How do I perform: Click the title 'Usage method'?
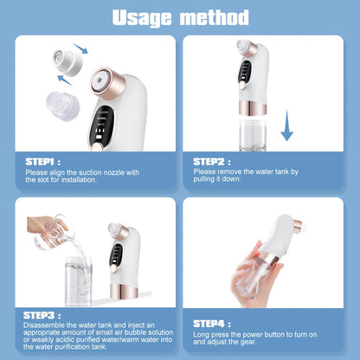pyautogui.click(x=180, y=16)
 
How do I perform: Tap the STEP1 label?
pyautogui.click(x=42, y=161)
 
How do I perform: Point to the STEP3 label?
pyautogui.click(x=42, y=315)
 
